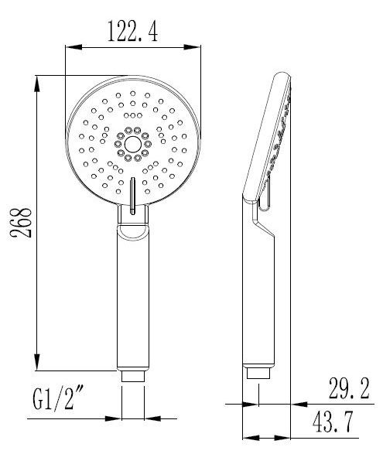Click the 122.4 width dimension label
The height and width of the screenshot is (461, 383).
pyautogui.click(x=132, y=31)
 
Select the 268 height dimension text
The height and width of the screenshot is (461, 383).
pyautogui.click(x=21, y=223)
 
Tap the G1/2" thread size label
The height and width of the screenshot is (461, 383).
pyautogui.click(x=58, y=398)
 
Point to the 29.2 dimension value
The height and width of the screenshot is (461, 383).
pyautogui.click(x=349, y=388)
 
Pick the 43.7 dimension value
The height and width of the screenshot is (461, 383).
pyautogui.click(x=333, y=422)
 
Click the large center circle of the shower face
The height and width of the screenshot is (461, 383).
pyautogui.click(x=133, y=145)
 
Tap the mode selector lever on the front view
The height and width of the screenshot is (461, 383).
pyautogui.click(x=132, y=196)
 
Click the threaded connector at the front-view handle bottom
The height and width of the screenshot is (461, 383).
pyautogui.click(x=133, y=376)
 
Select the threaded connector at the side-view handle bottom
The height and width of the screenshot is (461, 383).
pyautogui.click(x=258, y=373)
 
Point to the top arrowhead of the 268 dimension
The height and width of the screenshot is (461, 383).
pyautogui.click(x=37, y=85)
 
